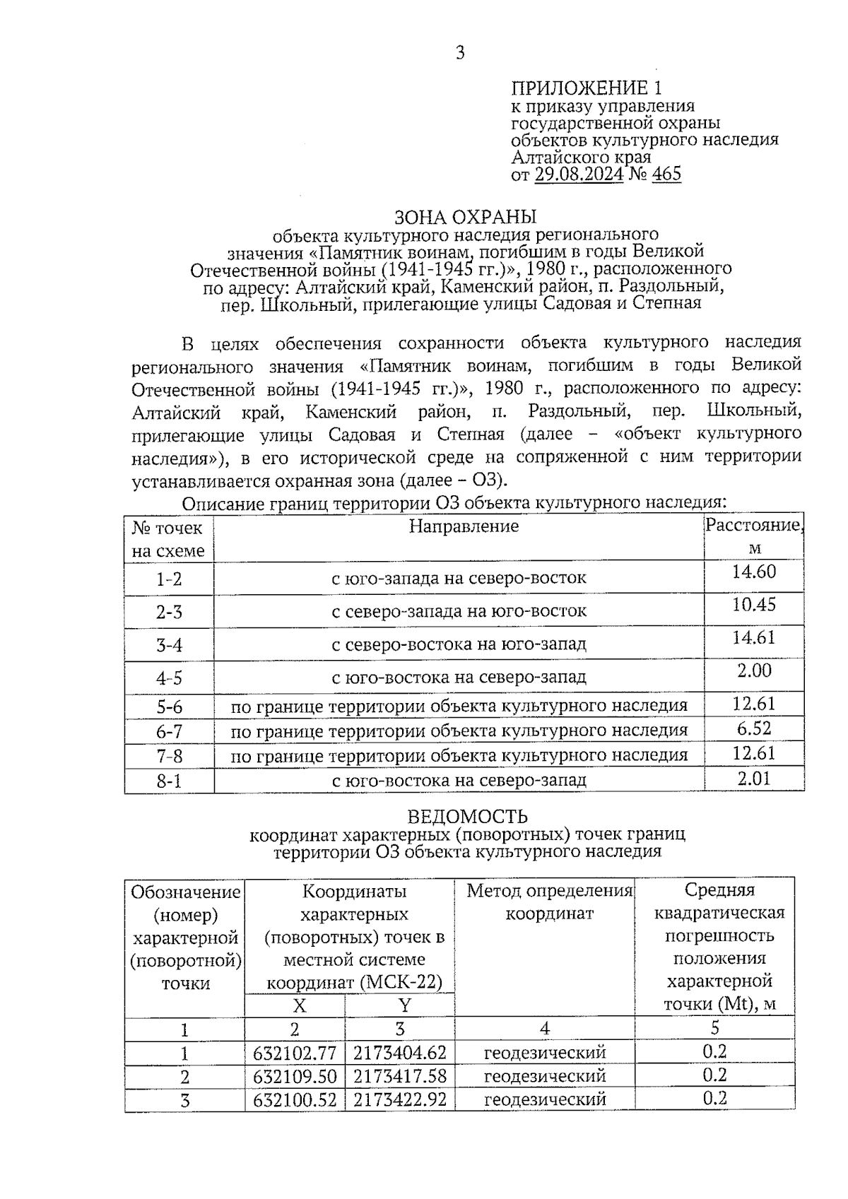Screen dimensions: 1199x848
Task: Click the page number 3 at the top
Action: pyautogui.click(x=460, y=53)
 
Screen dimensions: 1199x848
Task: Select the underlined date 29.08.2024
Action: pyautogui.click(x=579, y=174)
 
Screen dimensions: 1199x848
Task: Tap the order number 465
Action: pyautogui.click(x=666, y=174)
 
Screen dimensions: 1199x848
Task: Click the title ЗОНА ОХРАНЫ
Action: pyautogui.click(x=465, y=216)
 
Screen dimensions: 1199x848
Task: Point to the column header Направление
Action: pyautogui.click(x=464, y=526)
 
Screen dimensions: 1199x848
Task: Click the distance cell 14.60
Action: pyautogui.click(x=754, y=572)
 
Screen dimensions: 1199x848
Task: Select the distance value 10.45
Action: pyautogui.click(x=754, y=605)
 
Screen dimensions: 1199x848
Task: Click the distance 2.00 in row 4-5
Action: pyautogui.click(x=754, y=671)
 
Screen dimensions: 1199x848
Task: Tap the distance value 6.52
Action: pyautogui.click(x=754, y=728)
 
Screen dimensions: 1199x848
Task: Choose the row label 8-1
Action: pyautogui.click(x=169, y=781)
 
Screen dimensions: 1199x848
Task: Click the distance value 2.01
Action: pyautogui.click(x=754, y=779)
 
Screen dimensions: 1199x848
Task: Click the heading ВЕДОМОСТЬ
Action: pyautogui.click(x=467, y=817)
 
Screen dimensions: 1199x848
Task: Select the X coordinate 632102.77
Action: pyautogui.click(x=295, y=1053)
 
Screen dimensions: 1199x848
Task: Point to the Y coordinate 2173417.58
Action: pyautogui.click(x=399, y=1077)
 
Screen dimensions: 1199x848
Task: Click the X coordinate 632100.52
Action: pyautogui.click(x=295, y=1100)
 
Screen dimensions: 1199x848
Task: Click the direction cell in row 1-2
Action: pyautogui.click(x=459, y=579)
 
